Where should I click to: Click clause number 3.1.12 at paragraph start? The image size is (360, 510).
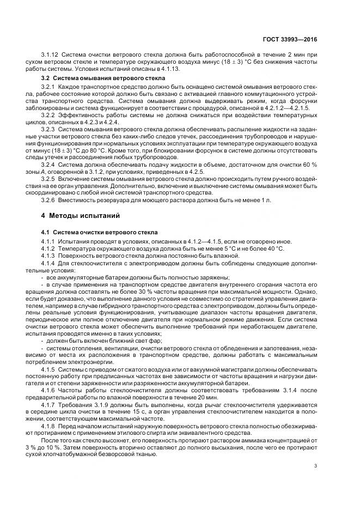point(50,54)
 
